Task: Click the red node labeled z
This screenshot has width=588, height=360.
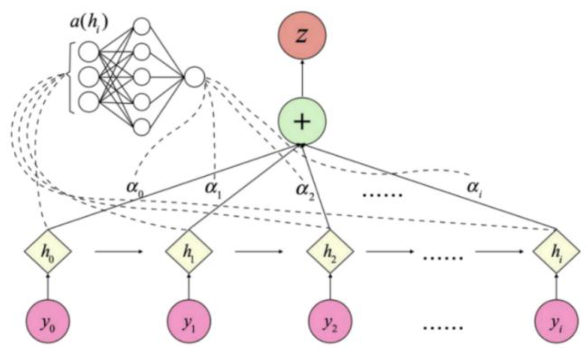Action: [x=302, y=36]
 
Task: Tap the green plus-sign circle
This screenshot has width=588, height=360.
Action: [x=302, y=122]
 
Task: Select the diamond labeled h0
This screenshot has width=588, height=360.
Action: [x=48, y=251]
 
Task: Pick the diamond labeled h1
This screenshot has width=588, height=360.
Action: [x=189, y=251]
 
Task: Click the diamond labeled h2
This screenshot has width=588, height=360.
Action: [x=330, y=251]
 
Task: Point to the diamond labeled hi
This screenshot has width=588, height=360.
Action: [x=556, y=251]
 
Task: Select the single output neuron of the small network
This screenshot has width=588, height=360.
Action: [x=194, y=77]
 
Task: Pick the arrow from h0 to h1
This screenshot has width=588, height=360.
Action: [x=118, y=251]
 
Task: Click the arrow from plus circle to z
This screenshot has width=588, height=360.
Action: [x=302, y=78]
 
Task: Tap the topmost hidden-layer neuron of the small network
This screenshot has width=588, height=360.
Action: [x=142, y=26]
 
